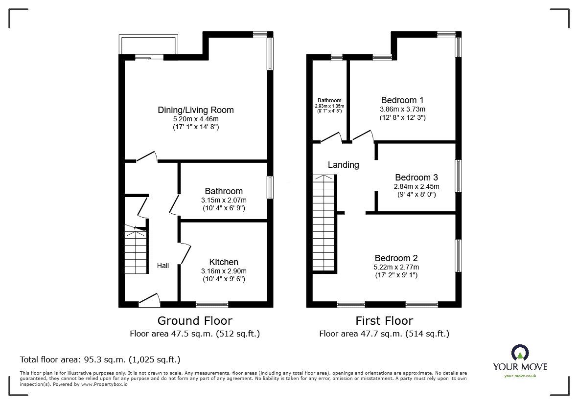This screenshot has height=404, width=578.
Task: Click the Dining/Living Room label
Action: (x=195, y=110)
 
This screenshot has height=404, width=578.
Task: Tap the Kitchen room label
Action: (x=224, y=262)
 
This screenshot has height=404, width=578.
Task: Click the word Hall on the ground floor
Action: (x=163, y=266)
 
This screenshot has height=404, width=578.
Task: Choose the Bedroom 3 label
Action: (x=416, y=178)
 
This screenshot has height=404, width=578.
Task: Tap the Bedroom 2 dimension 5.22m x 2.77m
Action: (x=396, y=267)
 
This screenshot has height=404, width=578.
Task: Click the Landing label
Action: (x=343, y=165)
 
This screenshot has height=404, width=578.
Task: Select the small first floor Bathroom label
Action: (x=329, y=101)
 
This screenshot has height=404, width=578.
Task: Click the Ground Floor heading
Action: (x=194, y=321)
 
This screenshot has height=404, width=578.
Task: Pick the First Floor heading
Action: (x=384, y=321)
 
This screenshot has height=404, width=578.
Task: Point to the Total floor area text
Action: (x=100, y=359)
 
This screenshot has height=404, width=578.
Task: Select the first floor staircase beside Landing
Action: (x=323, y=223)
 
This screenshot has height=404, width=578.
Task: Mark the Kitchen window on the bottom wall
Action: (x=211, y=304)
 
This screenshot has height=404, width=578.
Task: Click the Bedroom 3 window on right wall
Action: (x=459, y=176)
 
